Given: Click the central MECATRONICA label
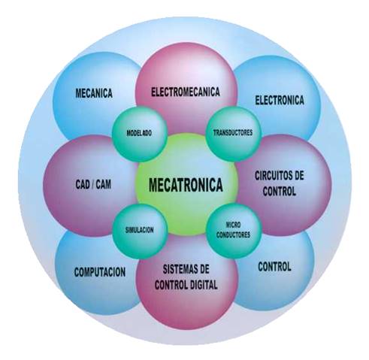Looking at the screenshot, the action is pyautogui.click(x=186, y=185).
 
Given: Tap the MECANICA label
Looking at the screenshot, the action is pyautogui.click(x=94, y=93).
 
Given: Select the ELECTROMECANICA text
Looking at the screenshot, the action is pyautogui.click(x=186, y=92).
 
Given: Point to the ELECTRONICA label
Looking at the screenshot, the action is pyautogui.click(x=280, y=100).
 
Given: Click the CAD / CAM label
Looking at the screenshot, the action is pyautogui.click(x=93, y=185).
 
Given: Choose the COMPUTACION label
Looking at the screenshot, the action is pyautogui.click(x=100, y=272).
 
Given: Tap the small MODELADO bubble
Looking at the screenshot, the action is pyautogui.click(x=139, y=133).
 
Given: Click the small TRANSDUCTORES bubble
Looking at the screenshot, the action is pyautogui.click(x=233, y=133).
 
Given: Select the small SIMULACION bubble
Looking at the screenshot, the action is pyautogui.click(x=140, y=231).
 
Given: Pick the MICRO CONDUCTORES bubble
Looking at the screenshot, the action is pyautogui.click(x=234, y=231).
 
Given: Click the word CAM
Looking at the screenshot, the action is pyautogui.click(x=104, y=185).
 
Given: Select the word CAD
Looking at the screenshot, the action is pyautogui.click(x=83, y=185).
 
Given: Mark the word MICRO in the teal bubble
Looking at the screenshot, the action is pyautogui.click(x=233, y=225).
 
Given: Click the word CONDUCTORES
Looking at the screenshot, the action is pyautogui.click(x=233, y=234).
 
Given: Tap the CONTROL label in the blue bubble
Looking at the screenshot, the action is pyautogui.click(x=274, y=267).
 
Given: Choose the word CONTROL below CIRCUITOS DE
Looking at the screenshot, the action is pyautogui.click(x=280, y=192).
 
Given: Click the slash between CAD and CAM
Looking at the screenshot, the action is pyautogui.click(x=93, y=185).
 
